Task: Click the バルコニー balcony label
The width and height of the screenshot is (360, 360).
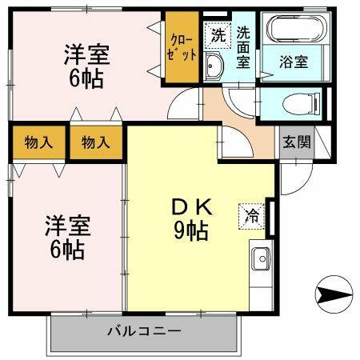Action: (x=144, y=330)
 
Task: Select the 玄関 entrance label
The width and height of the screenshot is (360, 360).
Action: (x=295, y=142)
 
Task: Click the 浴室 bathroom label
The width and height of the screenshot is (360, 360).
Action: (x=293, y=62)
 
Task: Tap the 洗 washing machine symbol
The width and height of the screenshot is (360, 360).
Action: (x=217, y=34)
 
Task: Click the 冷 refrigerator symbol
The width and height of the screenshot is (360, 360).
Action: (x=250, y=214)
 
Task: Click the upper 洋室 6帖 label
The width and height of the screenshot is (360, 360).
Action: (x=87, y=66)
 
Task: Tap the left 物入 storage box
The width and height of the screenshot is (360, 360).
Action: (x=38, y=144)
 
